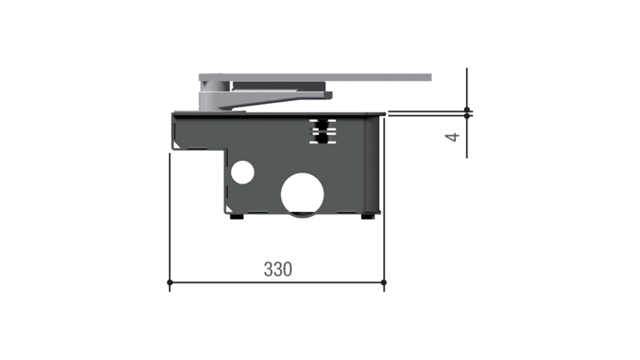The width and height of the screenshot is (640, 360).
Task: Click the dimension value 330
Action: click(278, 269)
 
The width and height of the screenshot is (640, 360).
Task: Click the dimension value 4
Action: click(452, 137)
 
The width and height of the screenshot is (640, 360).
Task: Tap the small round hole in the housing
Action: click(243, 172)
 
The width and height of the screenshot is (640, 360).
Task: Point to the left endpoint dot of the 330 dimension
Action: click(170, 283)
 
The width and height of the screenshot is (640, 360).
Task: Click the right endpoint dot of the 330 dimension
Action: click(384, 283)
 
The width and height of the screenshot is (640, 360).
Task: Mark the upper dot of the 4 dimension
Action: click(467, 110)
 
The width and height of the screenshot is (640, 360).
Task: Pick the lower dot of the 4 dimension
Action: click(467, 116)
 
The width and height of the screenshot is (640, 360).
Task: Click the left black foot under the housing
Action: click(237, 217)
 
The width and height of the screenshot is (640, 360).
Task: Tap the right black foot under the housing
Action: click(368, 217)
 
